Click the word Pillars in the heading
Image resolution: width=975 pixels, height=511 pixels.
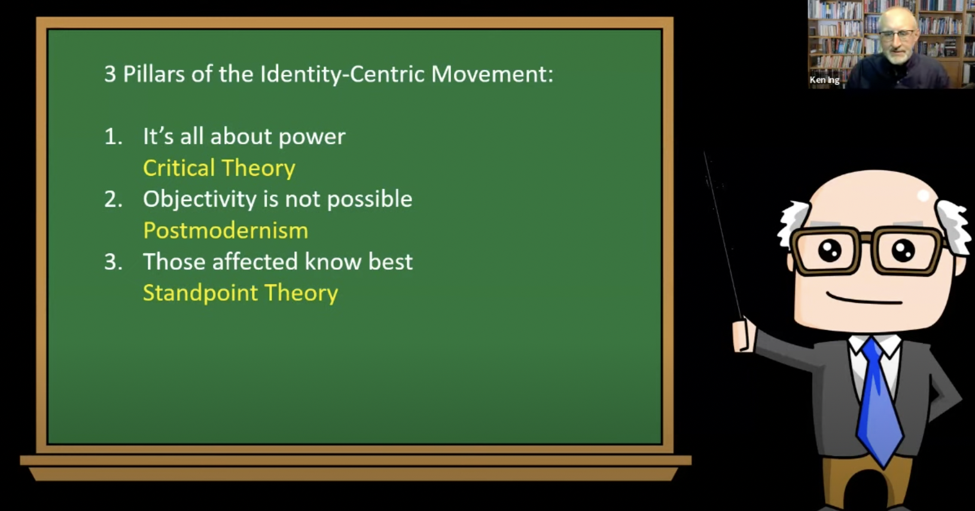coord(154,74)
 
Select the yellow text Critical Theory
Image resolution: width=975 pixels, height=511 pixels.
coord(219,168)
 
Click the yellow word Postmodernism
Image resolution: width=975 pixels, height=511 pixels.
coord(226,230)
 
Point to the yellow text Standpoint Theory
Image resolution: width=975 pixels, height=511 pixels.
coord(240,293)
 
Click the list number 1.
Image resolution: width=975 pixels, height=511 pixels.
coord(112,136)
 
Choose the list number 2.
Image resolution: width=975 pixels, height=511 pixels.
coord(112,199)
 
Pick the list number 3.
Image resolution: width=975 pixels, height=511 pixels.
coord(112,262)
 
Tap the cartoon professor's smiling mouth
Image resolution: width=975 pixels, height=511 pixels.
coord(864,299)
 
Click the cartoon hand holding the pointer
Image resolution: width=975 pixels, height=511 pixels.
coord(744,334)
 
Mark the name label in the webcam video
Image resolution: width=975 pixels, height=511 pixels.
coord(824,80)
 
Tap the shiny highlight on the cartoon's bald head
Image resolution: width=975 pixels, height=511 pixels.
coord(923,196)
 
